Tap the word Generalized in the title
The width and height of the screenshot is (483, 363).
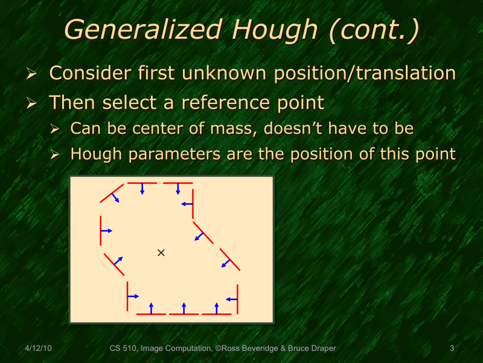pos(142,30)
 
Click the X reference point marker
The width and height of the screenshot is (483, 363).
pos(161,252)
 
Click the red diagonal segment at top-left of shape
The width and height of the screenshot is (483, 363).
pos(111,193)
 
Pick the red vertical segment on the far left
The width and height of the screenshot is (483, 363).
pos(101,231)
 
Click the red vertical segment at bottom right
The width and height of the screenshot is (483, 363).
pos(237,299)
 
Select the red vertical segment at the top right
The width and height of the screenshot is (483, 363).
pos(193,203)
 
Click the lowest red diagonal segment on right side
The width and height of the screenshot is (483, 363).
pos(230,260)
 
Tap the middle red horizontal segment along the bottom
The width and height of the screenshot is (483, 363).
pos(184,314)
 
